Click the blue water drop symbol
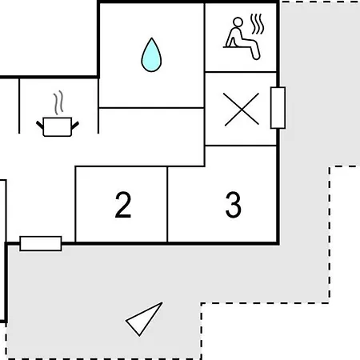(x=151, y=55)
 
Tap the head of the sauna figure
(x=238, y=22)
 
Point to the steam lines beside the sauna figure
(x=258, y=24)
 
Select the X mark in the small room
(x=242, y=109)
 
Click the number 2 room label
(x=123, y=205)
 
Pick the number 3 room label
(x=234, y=205)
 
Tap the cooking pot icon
(x=58, y=127)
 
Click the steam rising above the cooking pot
(x=58, y=102)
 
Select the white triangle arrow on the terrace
(x=144, y=319)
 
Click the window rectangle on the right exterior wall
(x=278, y=108)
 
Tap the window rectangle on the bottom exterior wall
(x=41, y=243)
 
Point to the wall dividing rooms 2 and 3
(x=167, y=205)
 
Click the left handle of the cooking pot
(x=40, y=125)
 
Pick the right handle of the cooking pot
(x=75, y=125)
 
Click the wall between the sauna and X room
(x=241, y=72)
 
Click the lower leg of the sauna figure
(x=255, y=51)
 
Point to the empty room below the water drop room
(x=151, y=137)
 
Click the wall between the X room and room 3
(x=241, y=146)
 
